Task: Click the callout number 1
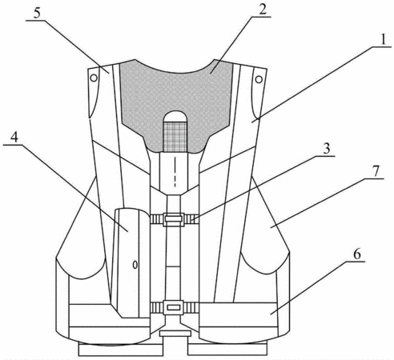pos(384,41)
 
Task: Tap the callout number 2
pos(262,10)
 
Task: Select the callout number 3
pos(326,150)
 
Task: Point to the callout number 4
pos(14,138)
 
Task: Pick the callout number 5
pos(37,14)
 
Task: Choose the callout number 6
pos(357,254)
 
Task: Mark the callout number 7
pos(376,171)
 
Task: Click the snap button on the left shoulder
pos(94,78)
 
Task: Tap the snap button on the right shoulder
pos(259,79)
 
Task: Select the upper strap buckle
pos(174,219)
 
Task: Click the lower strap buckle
pos(174,307)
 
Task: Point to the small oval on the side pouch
pos(135,265)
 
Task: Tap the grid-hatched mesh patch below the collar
pos(175,137)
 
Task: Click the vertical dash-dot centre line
pos(175,172)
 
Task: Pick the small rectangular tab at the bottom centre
pos(175,334)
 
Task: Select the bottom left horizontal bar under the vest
pos(121,350)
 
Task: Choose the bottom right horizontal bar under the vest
pos(227,350)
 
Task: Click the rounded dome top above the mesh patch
pos(175,117)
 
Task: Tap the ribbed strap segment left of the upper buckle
pos(157,219)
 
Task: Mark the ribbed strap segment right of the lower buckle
pos(191,307)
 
